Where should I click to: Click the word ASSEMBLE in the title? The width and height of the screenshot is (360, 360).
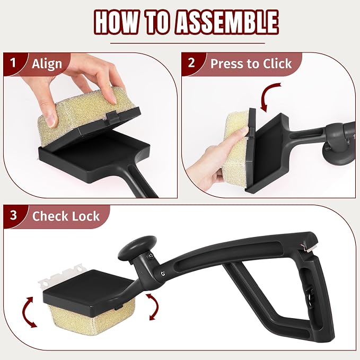coord(227,22)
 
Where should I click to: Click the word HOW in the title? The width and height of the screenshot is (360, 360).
coord(117,22)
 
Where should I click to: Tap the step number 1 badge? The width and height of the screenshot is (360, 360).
coord(13,63)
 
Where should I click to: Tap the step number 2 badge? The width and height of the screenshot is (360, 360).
coord(191,63)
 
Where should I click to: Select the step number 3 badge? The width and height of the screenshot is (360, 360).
coord(13,215)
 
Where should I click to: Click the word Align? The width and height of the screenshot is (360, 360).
coord(47,64)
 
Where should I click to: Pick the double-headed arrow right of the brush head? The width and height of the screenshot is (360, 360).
coord(154,306)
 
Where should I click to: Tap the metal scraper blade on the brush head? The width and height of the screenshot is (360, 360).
coord(61,276)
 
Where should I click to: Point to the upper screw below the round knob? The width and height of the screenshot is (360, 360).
coord(151,254)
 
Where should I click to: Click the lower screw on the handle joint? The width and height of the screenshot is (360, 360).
coord(163,273)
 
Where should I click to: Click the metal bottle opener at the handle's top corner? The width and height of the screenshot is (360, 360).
coord(309,247)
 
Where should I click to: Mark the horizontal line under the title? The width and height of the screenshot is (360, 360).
coord(188,43)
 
